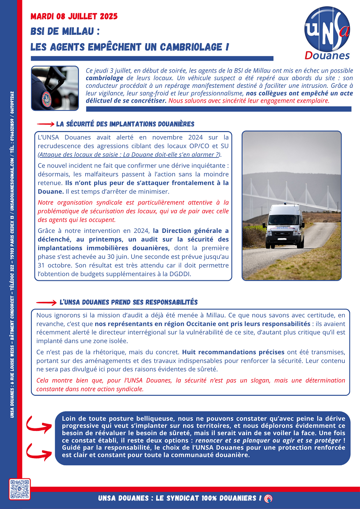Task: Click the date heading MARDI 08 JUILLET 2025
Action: point(74,17)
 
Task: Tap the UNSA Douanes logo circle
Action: point(327,29)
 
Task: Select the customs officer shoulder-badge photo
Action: point(55,88)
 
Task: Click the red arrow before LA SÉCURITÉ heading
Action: point(45,124)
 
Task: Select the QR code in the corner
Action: point(20,489)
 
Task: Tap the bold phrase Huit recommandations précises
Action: point(233,352)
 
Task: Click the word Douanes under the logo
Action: point(327,56)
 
